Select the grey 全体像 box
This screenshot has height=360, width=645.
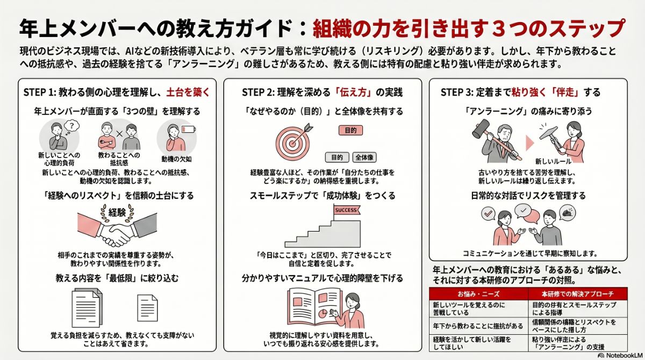(x=365, y=157)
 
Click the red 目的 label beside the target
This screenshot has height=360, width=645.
(x=350, y=130)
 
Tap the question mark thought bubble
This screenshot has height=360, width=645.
(x=70, y=126)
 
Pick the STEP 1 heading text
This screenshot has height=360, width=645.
(x=116, y=92)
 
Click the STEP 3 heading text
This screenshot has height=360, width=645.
(x=520, y=92)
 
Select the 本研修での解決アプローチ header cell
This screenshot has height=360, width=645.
(x=570, y=294)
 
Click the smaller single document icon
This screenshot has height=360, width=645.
(x=147, y=307)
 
